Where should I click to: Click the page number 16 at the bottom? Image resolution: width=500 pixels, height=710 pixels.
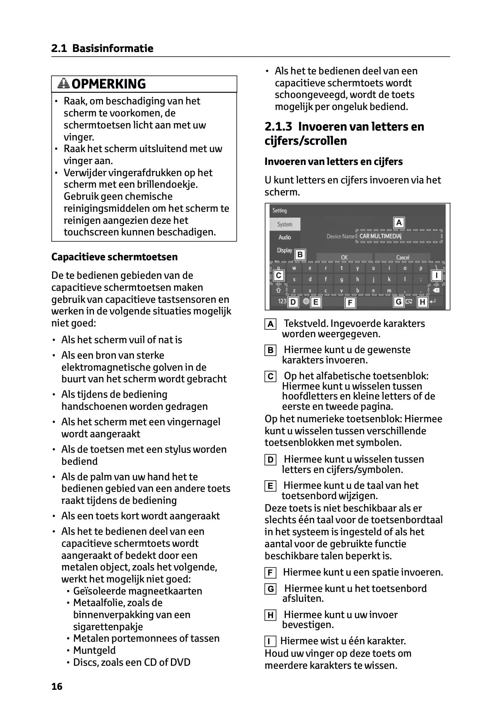click(x=57, y=686)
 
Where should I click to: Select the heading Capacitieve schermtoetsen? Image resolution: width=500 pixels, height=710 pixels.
click(x=114, y=257)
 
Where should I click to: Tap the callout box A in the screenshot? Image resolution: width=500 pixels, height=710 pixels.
click(x=399, y=222)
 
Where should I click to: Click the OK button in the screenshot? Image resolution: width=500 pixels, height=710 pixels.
click(x=344, y=258)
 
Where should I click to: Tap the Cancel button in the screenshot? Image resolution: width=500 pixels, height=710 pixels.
click(x=403, y=258)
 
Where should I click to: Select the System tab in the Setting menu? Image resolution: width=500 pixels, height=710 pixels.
click(x=285, y=224)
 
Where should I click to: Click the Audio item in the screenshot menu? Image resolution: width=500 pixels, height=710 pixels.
click(x=285, y=237)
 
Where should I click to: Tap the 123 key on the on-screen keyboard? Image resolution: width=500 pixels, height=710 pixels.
click(x=282, y=302)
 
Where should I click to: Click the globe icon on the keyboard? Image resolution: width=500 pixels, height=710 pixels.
click(x=306, y=302)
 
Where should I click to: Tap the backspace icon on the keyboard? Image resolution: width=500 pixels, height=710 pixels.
click(x=436, y=291)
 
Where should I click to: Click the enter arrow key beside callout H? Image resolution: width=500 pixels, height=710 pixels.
click(x=433, y=302)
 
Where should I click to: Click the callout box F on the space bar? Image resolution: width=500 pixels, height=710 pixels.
click(x=350, y=303)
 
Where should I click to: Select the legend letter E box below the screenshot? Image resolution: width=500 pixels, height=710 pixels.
click(x=270, y=486)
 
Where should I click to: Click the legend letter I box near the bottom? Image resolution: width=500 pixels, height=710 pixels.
click(x=270, y=642)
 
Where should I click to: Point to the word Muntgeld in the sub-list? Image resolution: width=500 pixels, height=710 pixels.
click(x=94, y=650)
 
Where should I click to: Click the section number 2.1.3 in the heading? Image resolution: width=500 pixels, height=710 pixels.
click(x=278, y=127)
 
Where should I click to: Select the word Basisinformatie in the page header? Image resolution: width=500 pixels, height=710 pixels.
click(x=112, y=48)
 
